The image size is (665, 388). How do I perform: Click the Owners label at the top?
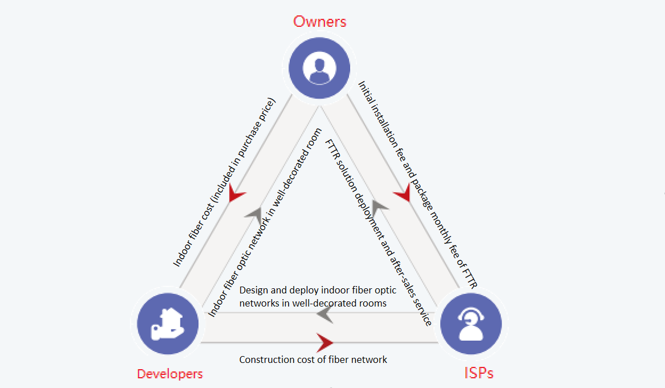319,22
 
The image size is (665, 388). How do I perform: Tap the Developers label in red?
170,374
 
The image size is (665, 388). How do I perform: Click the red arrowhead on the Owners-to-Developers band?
236,195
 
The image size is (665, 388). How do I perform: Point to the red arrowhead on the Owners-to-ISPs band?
403,193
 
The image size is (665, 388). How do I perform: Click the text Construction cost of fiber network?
313,360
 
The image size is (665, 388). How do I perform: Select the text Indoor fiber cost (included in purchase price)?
224,183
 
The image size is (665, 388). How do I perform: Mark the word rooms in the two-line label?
373,303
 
